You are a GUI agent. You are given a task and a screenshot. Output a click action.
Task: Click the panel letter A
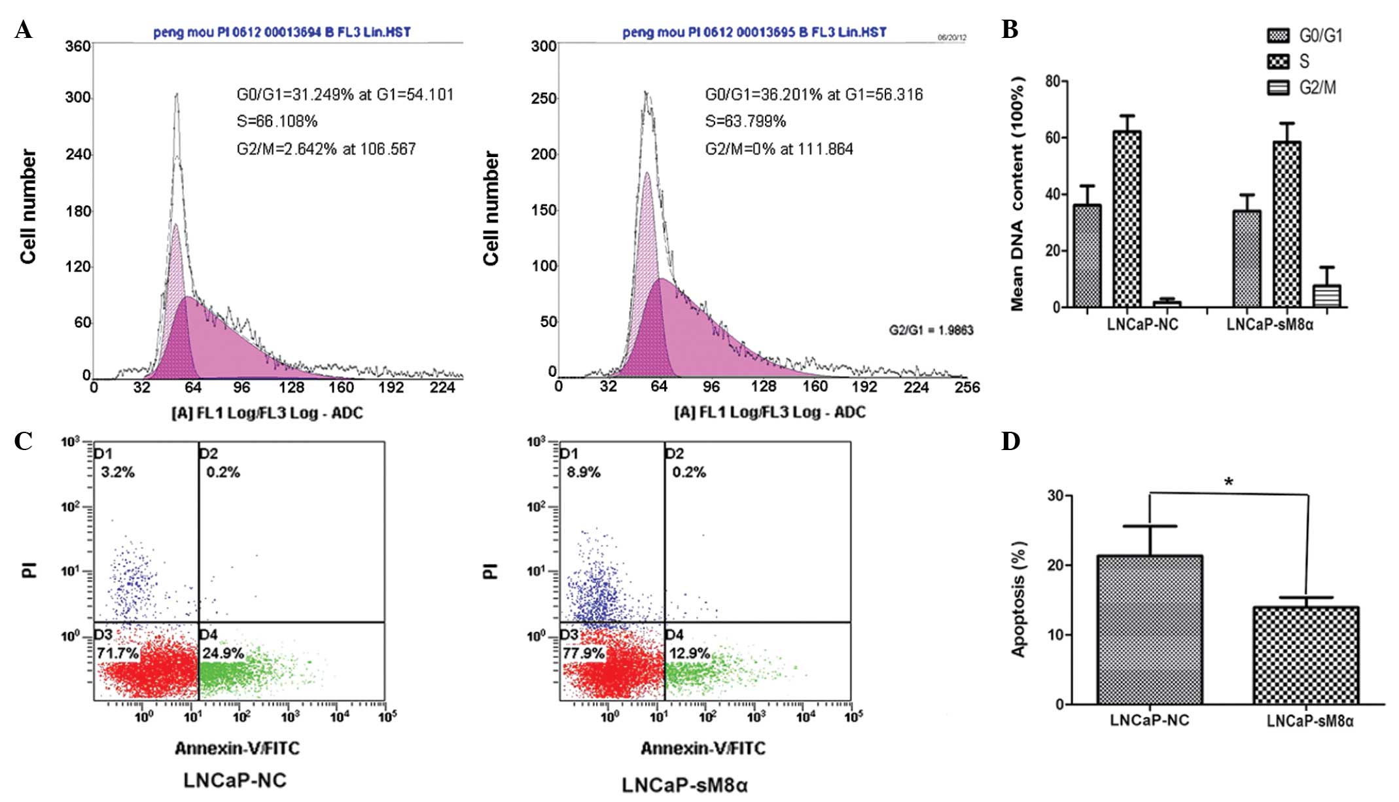23,31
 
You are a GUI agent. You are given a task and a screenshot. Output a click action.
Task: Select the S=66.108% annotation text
277,122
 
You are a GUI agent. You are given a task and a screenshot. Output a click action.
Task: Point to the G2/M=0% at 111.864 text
779,149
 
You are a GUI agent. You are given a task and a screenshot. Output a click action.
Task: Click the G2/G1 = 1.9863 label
930,330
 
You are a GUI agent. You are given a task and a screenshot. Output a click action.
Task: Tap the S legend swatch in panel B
1278,61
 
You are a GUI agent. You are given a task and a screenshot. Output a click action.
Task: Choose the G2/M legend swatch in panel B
1278,88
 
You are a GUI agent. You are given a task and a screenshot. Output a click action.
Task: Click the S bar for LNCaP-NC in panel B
1127,219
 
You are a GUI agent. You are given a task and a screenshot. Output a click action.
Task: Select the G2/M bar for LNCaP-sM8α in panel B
1326,296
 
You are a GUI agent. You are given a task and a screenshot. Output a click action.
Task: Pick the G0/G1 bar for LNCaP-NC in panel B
1087,256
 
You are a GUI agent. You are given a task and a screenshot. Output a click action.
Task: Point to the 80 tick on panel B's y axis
1053,81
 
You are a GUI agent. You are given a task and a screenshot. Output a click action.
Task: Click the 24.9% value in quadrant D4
223,653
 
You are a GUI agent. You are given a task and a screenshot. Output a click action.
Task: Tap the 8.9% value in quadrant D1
584,472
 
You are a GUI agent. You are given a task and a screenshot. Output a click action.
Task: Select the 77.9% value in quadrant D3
584,653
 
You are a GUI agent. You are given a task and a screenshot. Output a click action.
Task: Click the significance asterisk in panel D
1229,482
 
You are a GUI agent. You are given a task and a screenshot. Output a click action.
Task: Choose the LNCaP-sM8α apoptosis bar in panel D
1305,655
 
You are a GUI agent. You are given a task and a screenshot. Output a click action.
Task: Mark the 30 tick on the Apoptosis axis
1055,495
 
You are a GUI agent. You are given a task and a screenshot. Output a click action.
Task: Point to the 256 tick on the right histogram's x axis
967,387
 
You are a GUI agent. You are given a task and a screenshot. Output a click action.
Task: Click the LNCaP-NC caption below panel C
235,780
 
